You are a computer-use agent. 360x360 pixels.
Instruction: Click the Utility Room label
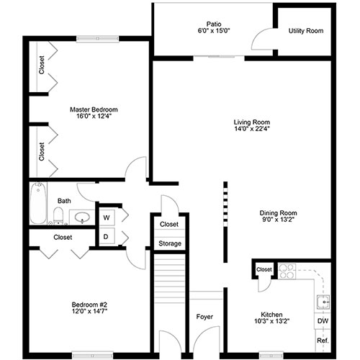306,31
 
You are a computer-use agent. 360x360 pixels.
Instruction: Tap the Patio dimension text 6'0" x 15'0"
214,31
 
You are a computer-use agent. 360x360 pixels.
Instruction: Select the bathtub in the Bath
38,203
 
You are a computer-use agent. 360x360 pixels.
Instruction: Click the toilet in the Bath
58,215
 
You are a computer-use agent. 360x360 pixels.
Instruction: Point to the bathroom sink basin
82,217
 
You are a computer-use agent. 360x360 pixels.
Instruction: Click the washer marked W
107,217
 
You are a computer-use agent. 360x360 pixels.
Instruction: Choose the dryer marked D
106,236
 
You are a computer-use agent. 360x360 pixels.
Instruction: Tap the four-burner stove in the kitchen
287,271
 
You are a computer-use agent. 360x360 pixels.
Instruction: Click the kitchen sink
323,302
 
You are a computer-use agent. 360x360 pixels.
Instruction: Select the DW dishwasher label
323,321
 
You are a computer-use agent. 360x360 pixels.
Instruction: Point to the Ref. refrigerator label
323,341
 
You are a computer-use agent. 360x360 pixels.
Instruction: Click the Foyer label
204,317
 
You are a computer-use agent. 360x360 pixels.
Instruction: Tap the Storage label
170,243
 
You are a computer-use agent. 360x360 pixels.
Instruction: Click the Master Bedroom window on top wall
97,39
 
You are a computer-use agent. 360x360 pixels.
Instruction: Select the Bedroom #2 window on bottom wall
93,355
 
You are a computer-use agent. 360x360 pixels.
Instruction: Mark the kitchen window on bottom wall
271,355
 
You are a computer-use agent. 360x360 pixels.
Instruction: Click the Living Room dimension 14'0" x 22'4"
252,129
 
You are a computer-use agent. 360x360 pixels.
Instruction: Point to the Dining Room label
278,213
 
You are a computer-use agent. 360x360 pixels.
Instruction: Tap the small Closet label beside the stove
264,269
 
